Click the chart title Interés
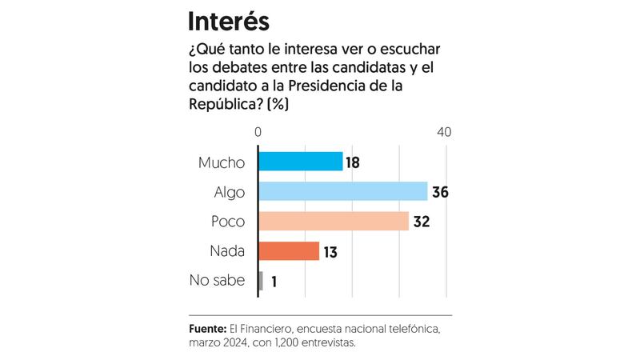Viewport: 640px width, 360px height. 228,22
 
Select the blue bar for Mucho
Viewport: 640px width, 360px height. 301,162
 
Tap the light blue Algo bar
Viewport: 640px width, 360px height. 343,191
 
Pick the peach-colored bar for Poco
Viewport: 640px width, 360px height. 334,221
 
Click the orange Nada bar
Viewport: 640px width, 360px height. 289,251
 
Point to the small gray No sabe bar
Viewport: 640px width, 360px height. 261,281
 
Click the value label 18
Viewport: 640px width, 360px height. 353,162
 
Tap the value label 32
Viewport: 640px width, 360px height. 422,222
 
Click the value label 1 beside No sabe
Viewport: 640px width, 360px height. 274,282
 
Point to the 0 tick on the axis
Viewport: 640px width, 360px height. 258,132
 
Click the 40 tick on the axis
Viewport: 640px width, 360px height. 444,132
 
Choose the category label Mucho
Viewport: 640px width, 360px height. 222,162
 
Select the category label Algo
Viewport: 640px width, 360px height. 230,192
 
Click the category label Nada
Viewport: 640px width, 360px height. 228,251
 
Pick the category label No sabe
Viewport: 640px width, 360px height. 217,281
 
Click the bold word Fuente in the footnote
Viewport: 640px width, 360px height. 207,328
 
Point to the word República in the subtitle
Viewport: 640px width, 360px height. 224,103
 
